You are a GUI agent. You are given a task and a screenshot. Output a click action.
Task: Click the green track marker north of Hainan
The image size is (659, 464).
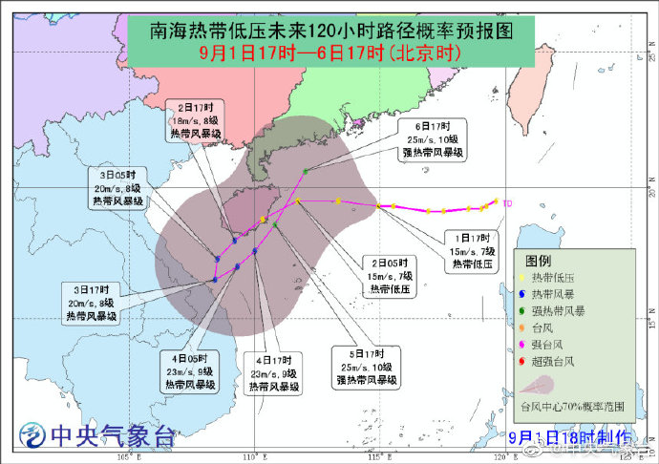point(306,171)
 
